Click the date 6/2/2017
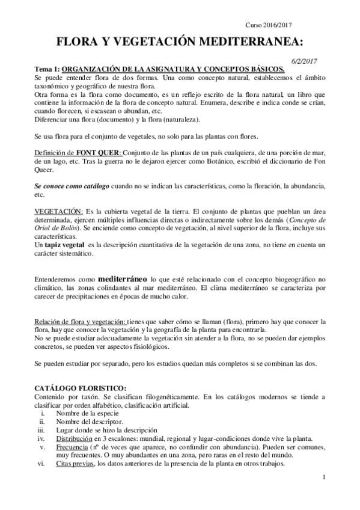click(x=304, y=61)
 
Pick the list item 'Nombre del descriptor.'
click(x=89, y=422)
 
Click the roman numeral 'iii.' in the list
click(x=41, y=431)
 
